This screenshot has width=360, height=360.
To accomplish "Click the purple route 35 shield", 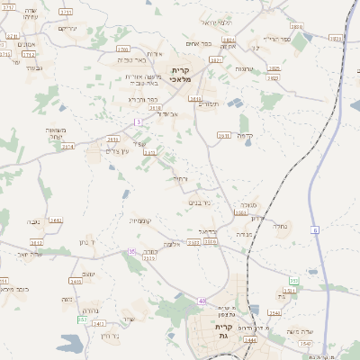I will click(131, 251).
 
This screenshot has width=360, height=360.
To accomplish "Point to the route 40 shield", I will click(203, 300).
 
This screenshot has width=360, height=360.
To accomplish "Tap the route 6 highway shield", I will click(316, 230).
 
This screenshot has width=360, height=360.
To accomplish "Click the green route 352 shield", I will click(82, 319).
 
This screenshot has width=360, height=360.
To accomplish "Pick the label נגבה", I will click(33, 221).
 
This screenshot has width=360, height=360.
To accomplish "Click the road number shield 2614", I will click(67, 146).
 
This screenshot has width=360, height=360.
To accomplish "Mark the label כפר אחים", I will click(199, 43).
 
